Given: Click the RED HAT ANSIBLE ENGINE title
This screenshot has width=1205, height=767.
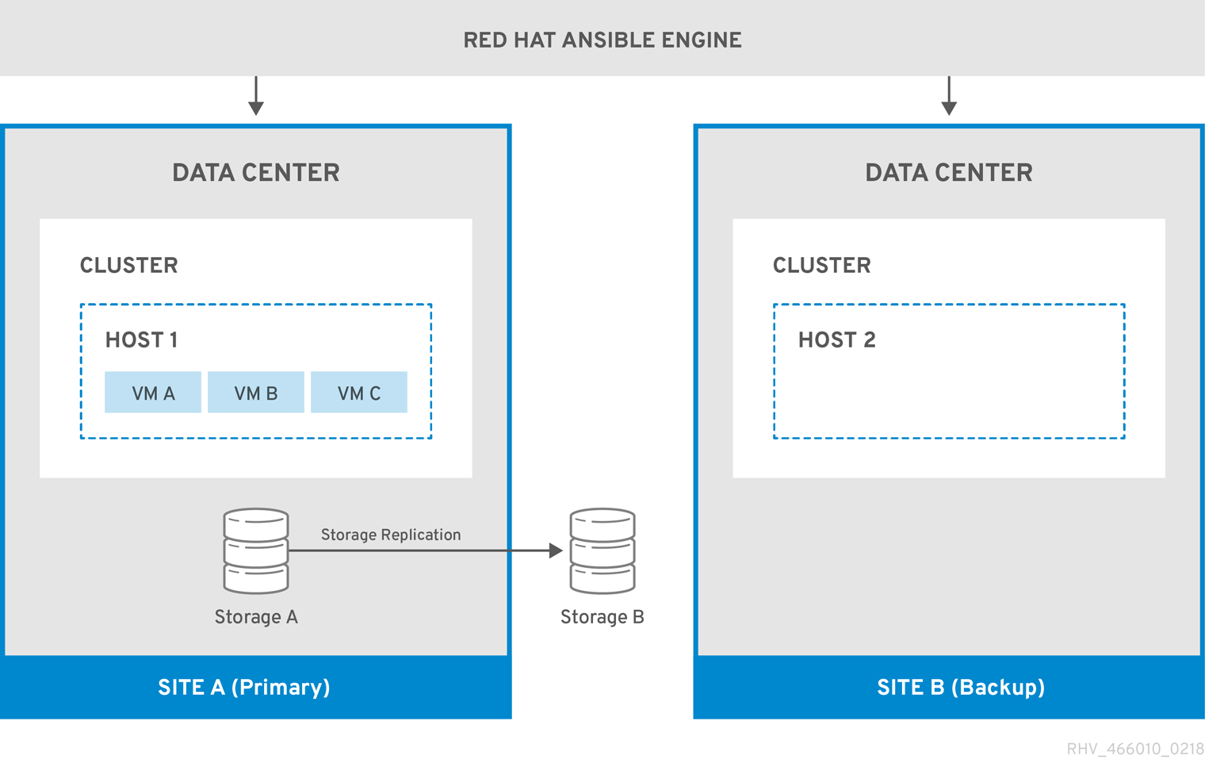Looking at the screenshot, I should click(602, 40).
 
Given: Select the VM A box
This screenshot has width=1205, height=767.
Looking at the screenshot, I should click(153, 393).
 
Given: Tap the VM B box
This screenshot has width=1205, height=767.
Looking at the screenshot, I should click(256, 393).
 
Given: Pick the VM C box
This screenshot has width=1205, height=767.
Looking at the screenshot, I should click(359, 393).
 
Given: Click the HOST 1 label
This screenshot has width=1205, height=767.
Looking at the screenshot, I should click(141, 340).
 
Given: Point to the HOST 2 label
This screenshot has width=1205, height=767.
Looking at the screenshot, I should click(836, 340).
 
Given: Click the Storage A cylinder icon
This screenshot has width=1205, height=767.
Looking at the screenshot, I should click(256, 551).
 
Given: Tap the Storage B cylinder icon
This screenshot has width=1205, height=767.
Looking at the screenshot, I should click(602, 551).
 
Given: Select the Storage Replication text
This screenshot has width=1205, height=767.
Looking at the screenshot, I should click(391, 535).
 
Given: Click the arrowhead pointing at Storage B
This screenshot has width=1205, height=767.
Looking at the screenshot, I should click(556, 550).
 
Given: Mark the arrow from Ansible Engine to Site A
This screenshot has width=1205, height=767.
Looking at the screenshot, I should click(256, 97).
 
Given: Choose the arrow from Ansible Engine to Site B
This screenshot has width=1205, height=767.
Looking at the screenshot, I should click(949, 97).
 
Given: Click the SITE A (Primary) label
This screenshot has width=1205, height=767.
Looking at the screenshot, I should click(244, 687).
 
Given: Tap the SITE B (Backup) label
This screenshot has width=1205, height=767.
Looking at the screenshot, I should click(961, 687).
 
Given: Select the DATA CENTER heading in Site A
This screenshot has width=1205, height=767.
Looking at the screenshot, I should click(256, 173).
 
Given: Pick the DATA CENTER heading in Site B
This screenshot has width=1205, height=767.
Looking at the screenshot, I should click(949, 173).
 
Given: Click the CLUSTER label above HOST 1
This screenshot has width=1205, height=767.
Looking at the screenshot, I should click(128, 266).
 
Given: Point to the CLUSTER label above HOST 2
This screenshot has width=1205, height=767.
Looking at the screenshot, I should click(821, 266).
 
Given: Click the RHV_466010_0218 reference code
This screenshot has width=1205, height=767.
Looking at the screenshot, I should click(1134, 749).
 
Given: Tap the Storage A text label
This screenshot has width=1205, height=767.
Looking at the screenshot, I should click(256, 617).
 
